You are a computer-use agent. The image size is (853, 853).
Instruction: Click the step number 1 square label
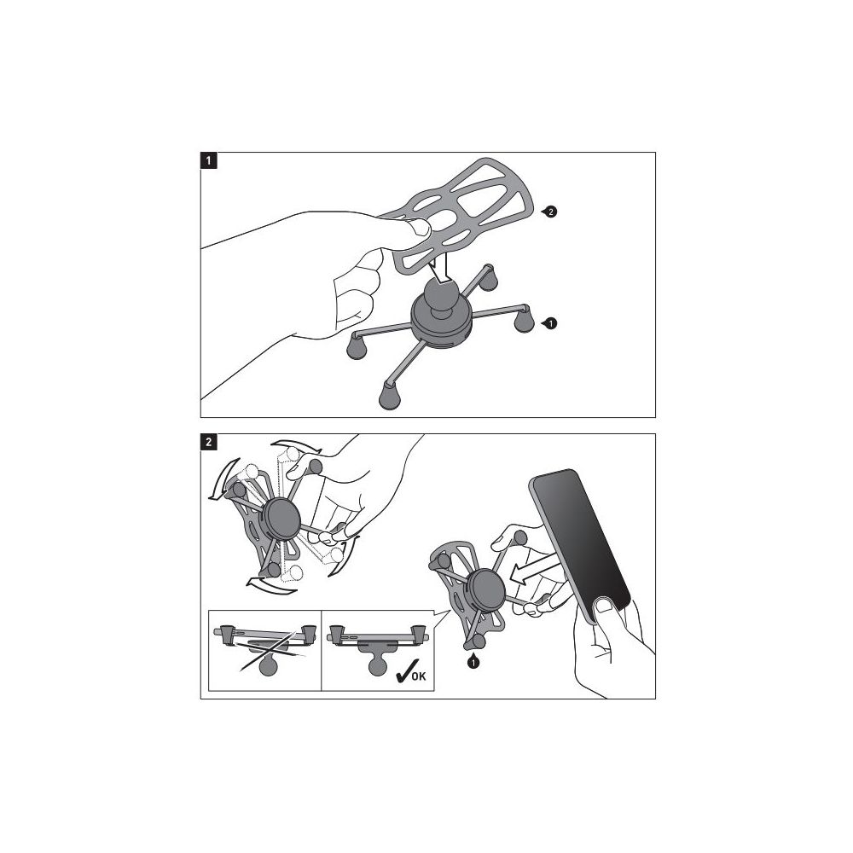[x=209, y=161]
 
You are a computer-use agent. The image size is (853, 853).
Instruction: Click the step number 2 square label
[x=209, y=442]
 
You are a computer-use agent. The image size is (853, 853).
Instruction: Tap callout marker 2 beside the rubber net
[x=550, y=212]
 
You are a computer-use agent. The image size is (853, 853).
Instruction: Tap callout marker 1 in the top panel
[x=550, y=323]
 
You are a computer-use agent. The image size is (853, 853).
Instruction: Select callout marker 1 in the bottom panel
[x=473, y=662]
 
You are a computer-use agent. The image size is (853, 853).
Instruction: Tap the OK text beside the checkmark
[x=419, y=676]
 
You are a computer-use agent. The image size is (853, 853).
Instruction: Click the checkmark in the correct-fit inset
[x=403, y=671]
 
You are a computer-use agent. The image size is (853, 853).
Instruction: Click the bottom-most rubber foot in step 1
[x=389, y=395]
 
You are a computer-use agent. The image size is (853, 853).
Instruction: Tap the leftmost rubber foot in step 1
[x=357, y=347]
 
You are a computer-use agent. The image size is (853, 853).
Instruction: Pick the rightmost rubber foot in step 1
[x=525, y=320]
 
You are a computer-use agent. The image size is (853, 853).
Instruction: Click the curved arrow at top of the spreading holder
[x=297, y=445]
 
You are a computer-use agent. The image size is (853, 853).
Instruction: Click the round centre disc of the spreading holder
[x=281, y=518]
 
